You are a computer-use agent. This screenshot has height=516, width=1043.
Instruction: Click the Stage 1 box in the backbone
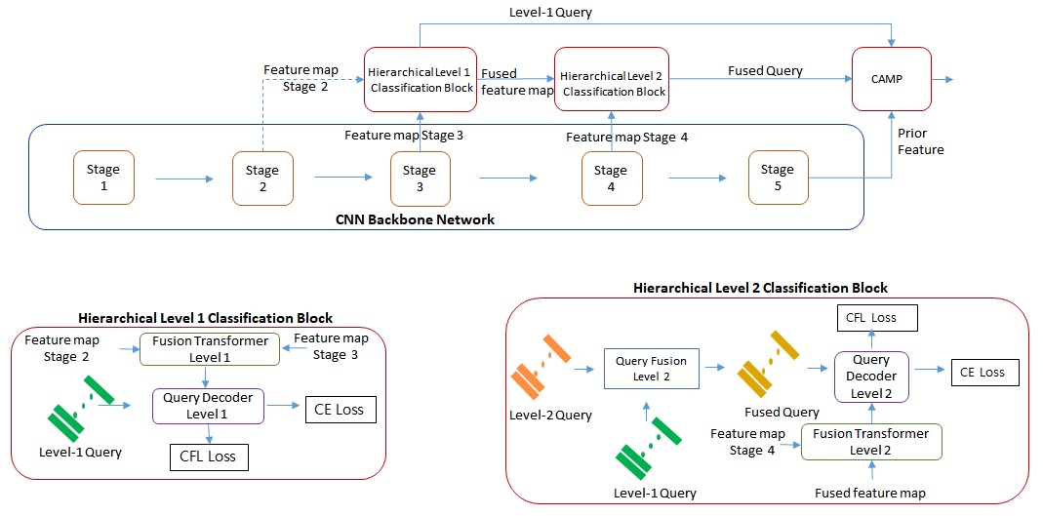pos(103,177)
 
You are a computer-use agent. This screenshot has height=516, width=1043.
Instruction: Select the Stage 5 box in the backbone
pos(778,177)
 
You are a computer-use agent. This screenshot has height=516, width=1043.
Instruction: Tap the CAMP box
pos(892,79)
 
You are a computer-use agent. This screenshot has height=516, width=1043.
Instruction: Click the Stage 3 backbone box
pos(420,178)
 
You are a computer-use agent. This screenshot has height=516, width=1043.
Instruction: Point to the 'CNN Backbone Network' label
pos(415,219)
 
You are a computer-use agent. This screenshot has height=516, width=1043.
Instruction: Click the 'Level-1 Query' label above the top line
pos(549,13)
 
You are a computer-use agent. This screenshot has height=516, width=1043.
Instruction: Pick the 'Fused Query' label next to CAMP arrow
pos(765,71)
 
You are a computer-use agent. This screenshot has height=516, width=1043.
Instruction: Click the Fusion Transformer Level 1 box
pos(209,349)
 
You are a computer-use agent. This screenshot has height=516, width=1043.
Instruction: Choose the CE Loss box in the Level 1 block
pos(339,410)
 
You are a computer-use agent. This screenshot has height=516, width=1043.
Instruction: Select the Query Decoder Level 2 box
pos(869,375)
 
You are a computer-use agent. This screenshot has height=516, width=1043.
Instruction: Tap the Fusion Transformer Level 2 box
pos(870,441)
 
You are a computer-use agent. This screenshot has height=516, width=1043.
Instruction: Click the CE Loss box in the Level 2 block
pos(982,372)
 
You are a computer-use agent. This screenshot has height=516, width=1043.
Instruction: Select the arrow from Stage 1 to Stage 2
pos(182,179)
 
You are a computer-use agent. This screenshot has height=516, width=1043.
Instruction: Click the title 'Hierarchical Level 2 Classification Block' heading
pos(760,288)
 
